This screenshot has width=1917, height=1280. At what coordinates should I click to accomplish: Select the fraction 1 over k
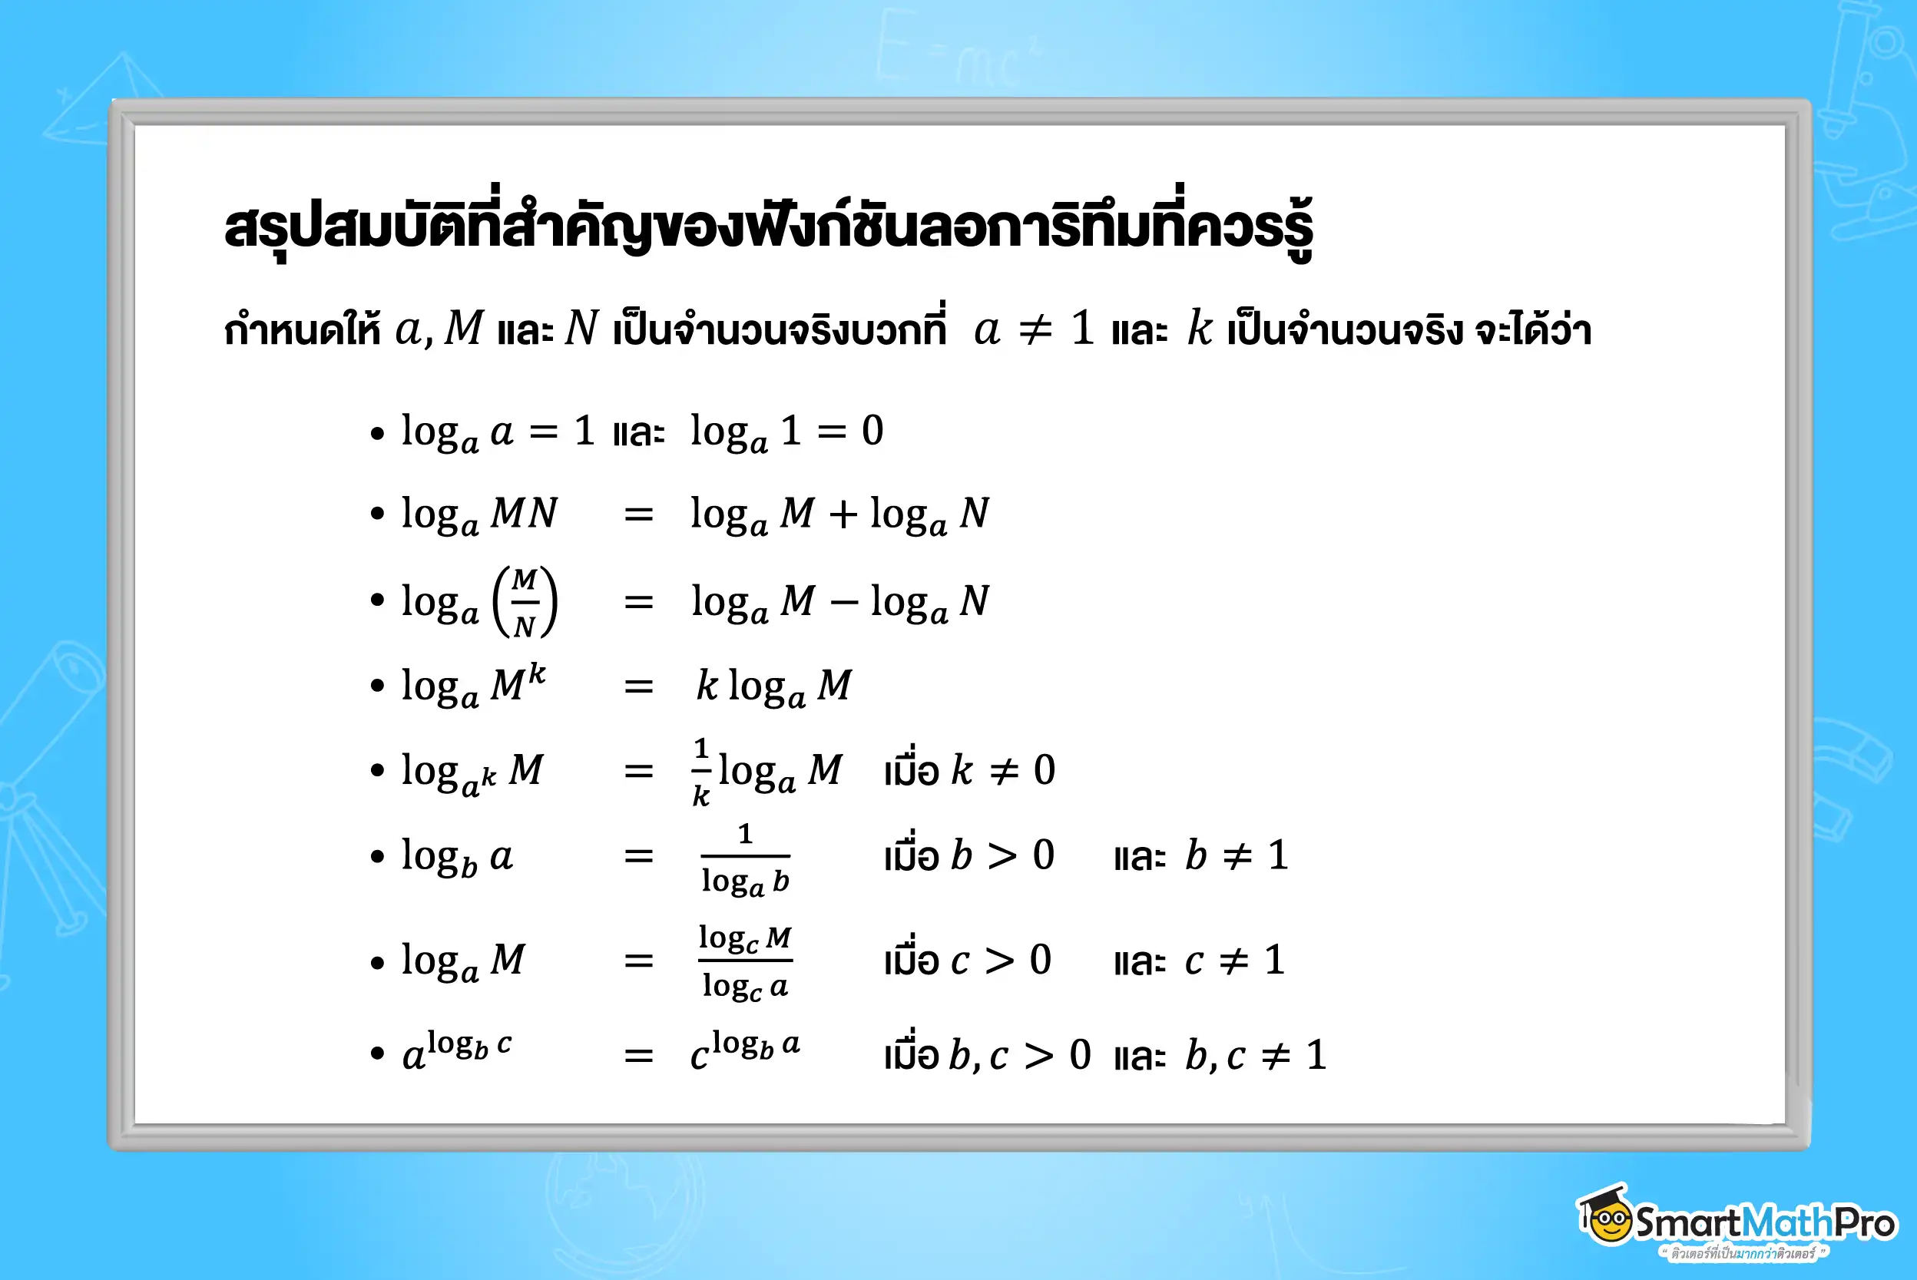point(700,772)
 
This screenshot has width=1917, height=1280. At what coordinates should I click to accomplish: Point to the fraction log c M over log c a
point(744,961)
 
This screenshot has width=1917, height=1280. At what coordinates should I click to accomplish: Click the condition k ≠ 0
point(1002,771)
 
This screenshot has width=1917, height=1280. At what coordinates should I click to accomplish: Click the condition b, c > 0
point(1019,1056)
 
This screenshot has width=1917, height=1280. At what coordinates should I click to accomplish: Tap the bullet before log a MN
point(376,514)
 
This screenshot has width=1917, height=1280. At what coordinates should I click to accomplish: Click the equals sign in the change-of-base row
point(638,961)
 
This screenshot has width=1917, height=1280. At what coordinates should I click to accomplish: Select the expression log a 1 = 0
point(786,432)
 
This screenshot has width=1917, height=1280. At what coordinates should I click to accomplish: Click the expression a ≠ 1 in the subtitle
point(1034,329)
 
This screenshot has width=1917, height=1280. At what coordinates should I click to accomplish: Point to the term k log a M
point(773,686)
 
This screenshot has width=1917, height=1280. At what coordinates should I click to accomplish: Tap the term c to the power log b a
point(744,1050)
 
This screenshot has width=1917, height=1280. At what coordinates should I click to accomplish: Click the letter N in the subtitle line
point(581,329)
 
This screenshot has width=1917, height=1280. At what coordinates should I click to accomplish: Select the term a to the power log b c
point(457,1050)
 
